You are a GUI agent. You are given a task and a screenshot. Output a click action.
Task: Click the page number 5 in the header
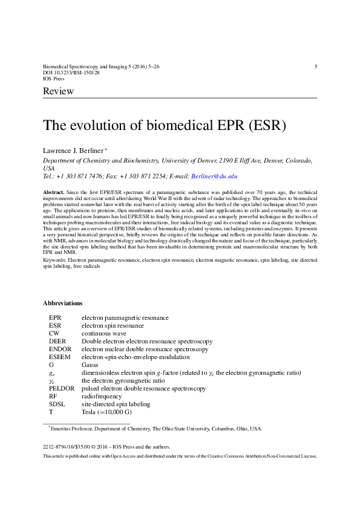[316, 66]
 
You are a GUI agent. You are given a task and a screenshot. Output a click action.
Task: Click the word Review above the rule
[58, 91]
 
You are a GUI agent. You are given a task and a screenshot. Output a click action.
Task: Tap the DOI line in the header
[71, 72]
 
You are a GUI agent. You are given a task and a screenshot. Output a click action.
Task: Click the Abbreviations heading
[63, 303]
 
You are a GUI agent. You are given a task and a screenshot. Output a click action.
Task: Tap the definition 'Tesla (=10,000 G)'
[106, 412]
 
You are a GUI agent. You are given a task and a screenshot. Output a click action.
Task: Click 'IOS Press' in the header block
[54, 79]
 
